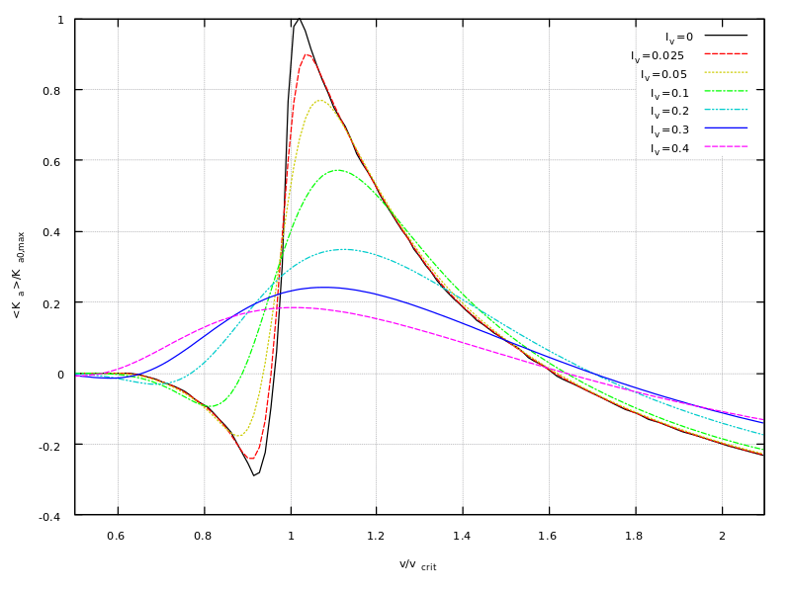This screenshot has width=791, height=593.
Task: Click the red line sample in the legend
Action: pyautogui.click(x=726, y=53)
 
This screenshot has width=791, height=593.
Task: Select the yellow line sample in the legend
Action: pyautogui.click(x=726, y=72)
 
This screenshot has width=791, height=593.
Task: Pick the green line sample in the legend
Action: pyautogui.click(x=726, y=91)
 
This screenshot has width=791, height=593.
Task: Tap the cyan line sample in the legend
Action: pyautogui.click(x=726, y=110)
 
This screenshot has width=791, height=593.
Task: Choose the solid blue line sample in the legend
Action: pyautogui.click(x=726, y=127)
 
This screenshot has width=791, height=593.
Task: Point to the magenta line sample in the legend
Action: pyautogui.click(x=726, y=146)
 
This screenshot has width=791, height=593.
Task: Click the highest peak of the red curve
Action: pyautogui.click(x=307, y=54)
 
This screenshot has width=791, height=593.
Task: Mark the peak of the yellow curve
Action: pyautogui.click(x=319, y=101)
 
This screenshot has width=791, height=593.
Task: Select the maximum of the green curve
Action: pyautogui.click(x=339, y=170)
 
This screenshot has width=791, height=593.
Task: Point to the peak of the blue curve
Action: pyautogui.click(x=324, y=287)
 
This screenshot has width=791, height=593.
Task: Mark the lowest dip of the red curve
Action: pyautogui.click(x=252, y=459)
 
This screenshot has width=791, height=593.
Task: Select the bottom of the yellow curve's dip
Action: pyautogui.click(x=237, y=436)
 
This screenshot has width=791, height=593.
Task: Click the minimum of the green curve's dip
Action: pyautogui.click(x=209, y=406)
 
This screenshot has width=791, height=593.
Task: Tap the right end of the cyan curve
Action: pyautogui.click(x=762, y=434)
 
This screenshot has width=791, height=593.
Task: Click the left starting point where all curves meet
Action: pyautogui.click(x=76, y=375)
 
